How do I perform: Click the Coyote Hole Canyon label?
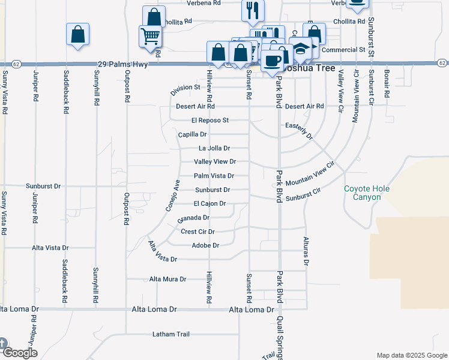pos(366,193)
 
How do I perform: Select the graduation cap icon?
pos(301,47)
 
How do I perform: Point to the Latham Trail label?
pos(170,334)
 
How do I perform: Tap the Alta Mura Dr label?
pos(167,279)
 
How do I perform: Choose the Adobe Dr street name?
pos(205,245)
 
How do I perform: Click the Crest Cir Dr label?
pos(197,231)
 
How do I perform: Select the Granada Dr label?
pos(194,218)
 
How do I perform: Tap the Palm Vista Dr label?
pos(213,176)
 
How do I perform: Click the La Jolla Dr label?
pos(214,148)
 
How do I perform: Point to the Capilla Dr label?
pos(192,134)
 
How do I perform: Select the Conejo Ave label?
pos(173,195)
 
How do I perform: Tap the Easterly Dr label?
pos(300,131)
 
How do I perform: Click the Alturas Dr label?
pos(306,251)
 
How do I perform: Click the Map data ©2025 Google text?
pos(411,355)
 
